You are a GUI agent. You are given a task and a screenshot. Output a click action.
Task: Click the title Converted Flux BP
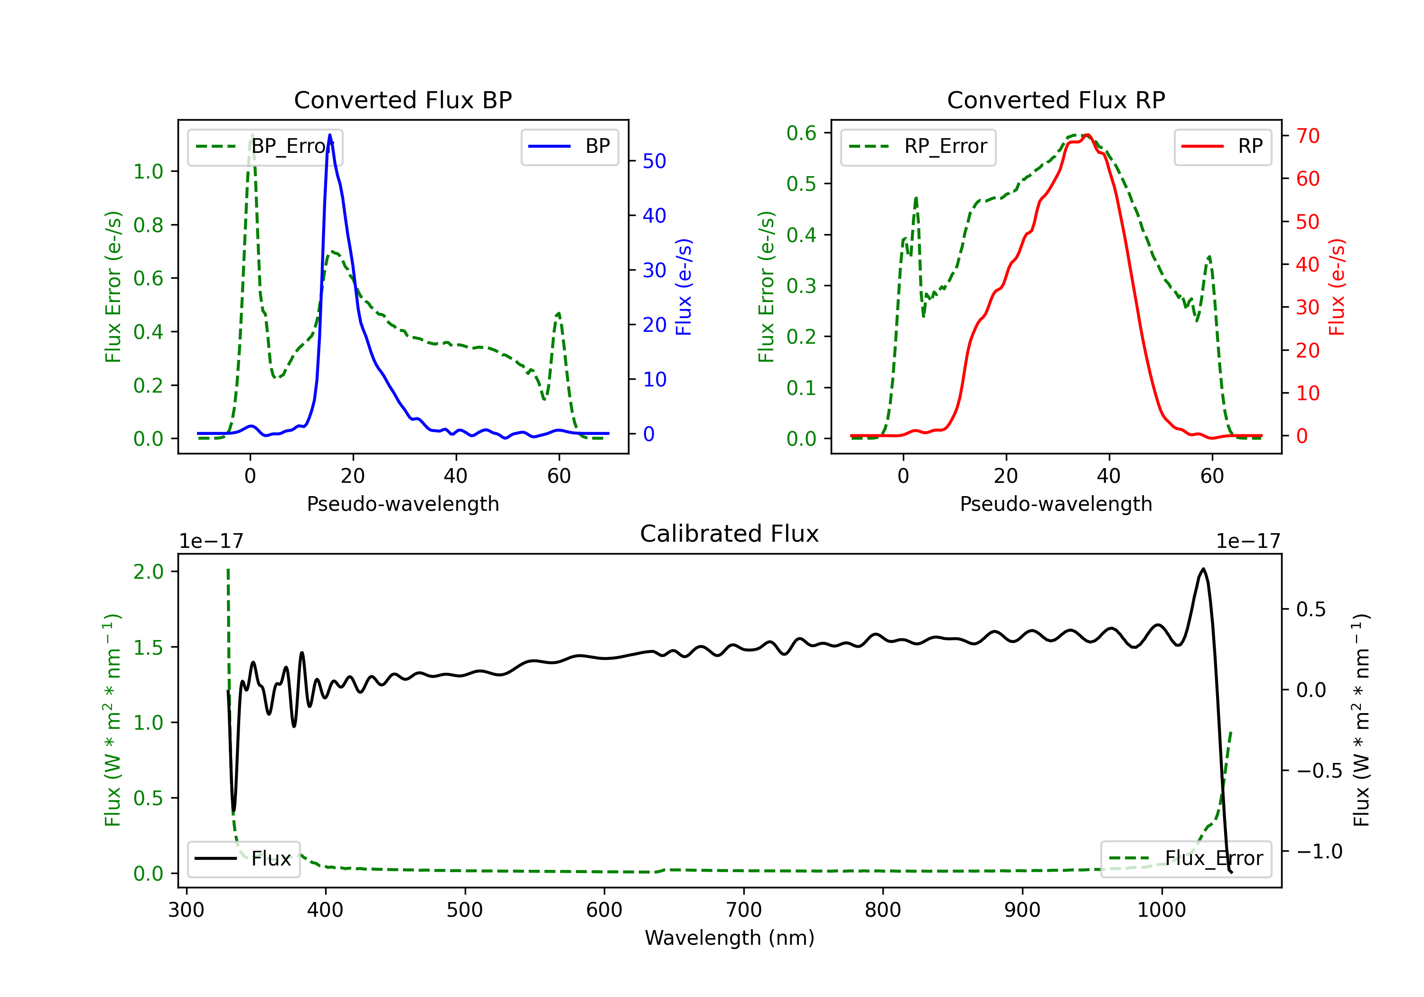tap(403, 100)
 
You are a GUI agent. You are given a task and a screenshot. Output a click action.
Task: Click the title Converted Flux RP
tap(1056, 100)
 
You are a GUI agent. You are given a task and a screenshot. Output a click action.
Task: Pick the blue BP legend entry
tap(569, 146)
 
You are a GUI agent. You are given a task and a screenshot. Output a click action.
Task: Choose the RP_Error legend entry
tap(918, 146)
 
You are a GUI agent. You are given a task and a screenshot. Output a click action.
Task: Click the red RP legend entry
tap(1222, 146)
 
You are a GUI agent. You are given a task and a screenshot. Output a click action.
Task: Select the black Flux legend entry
tap(243, 859)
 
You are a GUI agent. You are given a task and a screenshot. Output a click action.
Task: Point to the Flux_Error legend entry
tap(1186, 859)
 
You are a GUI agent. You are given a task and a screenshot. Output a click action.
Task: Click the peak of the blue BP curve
tap(330, 135)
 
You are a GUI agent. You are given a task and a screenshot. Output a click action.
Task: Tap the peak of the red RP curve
tap(1087, 135)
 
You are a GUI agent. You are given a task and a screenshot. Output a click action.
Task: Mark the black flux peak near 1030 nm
tap(1203, 569)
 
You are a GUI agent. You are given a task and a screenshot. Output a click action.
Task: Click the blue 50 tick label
tap(654, 161)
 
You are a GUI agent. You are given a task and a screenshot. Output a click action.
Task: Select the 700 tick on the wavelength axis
tap(744, 910)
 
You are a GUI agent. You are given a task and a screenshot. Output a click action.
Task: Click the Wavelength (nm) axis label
tap(730, 938)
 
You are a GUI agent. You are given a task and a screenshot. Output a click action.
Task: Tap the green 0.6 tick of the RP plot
tap(801, 133)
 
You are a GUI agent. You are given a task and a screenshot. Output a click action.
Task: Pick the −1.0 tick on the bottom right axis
tap(1318, 851)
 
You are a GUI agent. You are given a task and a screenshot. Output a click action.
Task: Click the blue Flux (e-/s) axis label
tap(684, 287)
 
